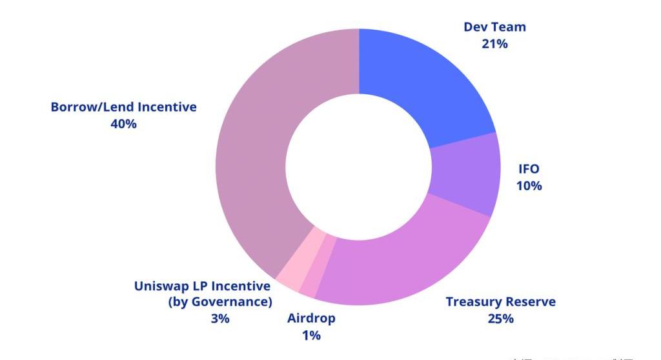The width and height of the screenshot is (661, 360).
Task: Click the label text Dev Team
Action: coord(494,27)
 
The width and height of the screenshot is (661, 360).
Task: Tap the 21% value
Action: coord(494,44)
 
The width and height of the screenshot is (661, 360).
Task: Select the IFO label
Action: coord(529,169)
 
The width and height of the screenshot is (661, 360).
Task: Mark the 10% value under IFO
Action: coord(529,186)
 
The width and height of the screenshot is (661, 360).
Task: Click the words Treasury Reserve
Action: coord(500,302)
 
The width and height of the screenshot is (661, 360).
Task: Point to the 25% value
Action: coord(500,319)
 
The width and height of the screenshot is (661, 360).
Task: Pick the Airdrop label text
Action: coord(311,319)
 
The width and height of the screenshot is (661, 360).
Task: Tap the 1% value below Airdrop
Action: coord(311,335)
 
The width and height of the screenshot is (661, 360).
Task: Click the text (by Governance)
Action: coord(219,302)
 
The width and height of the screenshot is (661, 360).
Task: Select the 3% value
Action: coord(219,319)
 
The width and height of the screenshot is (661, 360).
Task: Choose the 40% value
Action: coord(123,124)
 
